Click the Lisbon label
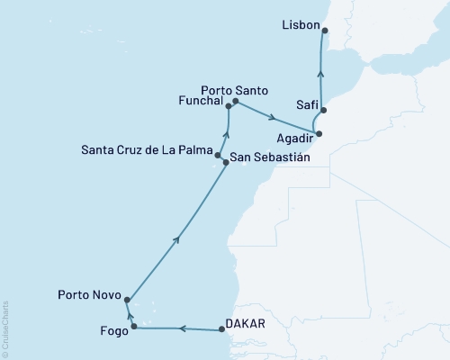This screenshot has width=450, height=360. [300, 26]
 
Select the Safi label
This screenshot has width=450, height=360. [309, 104]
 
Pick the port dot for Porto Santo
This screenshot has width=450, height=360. [235, 102]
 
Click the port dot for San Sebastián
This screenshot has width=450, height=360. [226, 163]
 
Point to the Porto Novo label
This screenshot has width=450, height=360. [88, 293]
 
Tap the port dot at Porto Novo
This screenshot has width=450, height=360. [127, 301]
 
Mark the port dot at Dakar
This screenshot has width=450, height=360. [222, 331]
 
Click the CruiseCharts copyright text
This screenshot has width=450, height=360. [5, 329]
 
